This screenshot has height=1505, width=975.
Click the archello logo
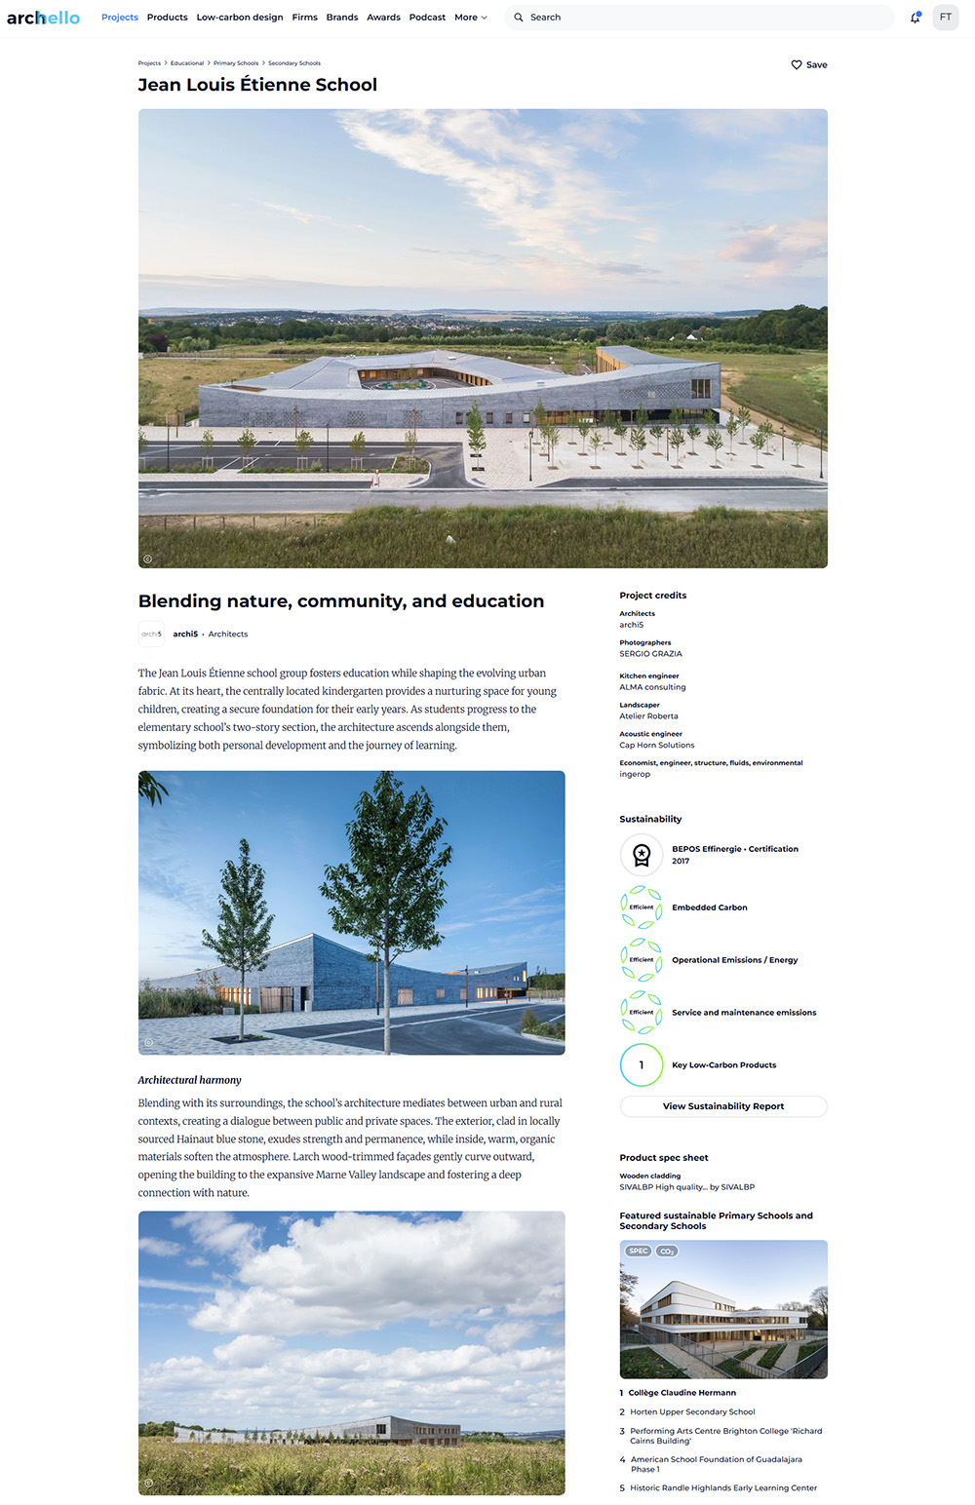[43, 18]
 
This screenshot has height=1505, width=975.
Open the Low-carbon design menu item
[240, 18]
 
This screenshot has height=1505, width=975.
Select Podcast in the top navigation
[427, 18]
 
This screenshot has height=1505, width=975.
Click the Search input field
[702, 18]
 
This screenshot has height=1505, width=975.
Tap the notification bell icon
[915, 18]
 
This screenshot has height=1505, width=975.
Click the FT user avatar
[946, 18]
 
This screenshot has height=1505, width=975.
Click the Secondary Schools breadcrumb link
[294, 63]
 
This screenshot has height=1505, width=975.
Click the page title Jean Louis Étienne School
[257, 85]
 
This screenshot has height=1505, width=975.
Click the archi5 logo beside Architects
[151, 634]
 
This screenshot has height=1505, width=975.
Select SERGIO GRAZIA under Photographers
[650, 654]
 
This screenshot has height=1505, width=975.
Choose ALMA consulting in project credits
[652, 687]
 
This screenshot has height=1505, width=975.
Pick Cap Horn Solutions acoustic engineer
[657, 745]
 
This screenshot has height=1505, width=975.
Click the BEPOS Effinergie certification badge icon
[642, 855]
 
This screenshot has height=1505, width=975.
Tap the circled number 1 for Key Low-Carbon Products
[642, 1065]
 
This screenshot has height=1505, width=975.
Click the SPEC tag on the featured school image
[638, 1251]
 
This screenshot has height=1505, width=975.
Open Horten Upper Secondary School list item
[692, 1411]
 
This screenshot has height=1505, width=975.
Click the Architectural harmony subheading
[189, 1080]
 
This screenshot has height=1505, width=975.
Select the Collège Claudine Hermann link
[682, 1393]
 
